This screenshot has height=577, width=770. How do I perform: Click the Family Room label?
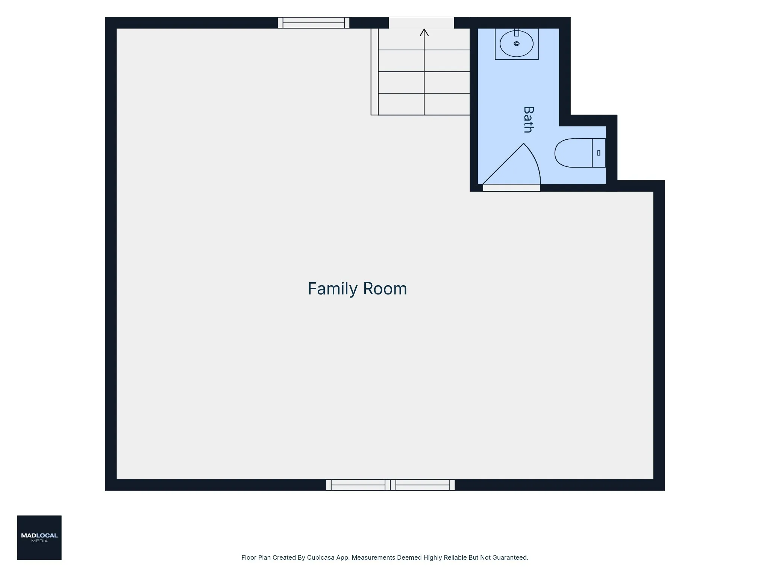click(x=357, y=289)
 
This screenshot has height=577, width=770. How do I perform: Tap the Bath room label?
click(x=528, y=120)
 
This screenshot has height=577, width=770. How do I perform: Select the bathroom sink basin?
click(x=517, y=44)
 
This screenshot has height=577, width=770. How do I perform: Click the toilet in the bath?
click(x=580, y=153)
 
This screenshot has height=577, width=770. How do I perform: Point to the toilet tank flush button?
click(x=599, y=153)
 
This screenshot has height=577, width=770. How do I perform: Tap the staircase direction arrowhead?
click(x=424, y=33)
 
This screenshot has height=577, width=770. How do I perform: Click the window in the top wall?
click(x=314, y=23)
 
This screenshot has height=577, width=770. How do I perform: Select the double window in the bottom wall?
click(x=390, y=485)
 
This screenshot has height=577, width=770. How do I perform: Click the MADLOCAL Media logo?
click(x=39, y=538)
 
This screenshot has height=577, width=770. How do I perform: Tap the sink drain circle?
click(x=517, y=44)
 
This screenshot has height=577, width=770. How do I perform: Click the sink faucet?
click(x=517, y=32)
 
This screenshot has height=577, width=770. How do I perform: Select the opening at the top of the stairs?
click(x=421, y=23)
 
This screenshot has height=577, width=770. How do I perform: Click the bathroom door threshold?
click(x=512, y=188)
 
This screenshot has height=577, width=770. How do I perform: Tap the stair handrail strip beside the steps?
click(x=374, y=72)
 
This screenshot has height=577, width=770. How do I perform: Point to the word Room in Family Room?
click(x=385, y=289)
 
